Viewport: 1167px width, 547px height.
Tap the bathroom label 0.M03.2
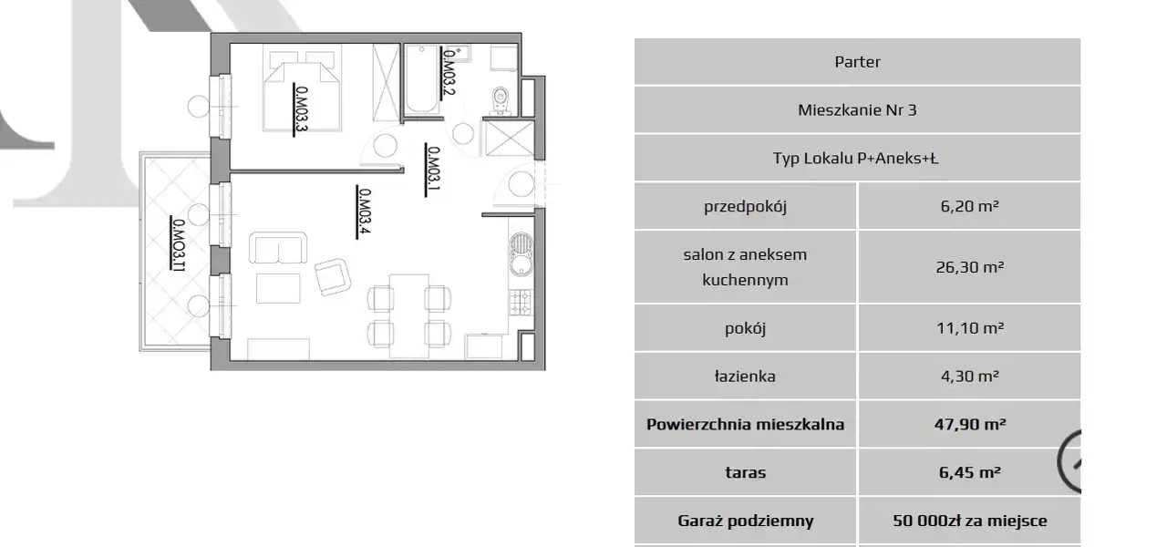(449, 71)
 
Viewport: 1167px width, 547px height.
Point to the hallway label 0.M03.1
(433, 169)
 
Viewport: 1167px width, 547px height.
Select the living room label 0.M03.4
(364, 212)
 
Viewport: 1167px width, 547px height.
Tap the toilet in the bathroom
(501, 100)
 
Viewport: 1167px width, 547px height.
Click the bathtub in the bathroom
(421, 79)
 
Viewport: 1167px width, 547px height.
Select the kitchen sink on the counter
(521, 254)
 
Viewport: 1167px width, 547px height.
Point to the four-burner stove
(521, 303)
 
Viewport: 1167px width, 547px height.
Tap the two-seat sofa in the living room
(278, 248)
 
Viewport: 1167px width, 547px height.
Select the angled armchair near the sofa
(333, 276)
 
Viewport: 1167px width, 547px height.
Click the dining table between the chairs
(409, 316)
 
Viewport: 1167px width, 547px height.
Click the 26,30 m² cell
(969, 267)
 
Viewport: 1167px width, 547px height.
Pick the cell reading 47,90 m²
(969, 424)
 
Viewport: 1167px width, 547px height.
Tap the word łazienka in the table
(745, 377)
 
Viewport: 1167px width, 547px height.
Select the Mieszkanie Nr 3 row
(858, 110)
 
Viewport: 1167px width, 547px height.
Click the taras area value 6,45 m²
(969, 472)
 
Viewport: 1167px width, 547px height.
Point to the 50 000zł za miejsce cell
(969, 521)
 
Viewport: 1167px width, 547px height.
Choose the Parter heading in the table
(858, 61)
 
